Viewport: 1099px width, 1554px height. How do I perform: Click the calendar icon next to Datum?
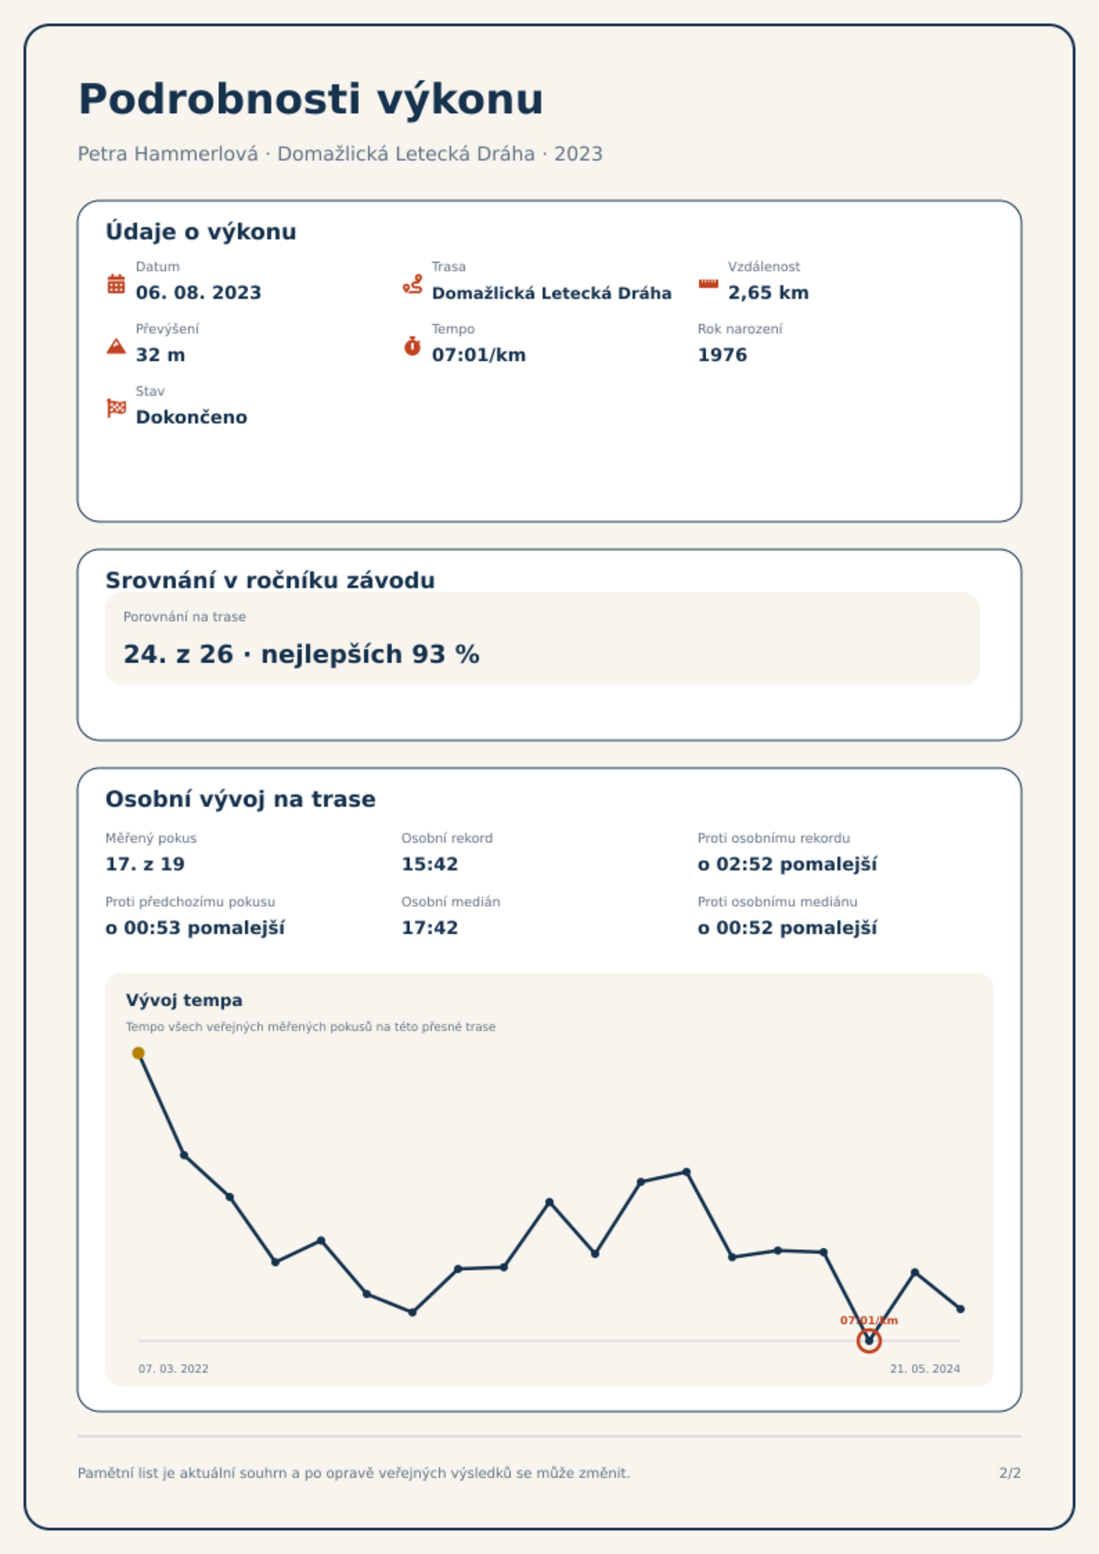pyautogui.click(x=116, y=284)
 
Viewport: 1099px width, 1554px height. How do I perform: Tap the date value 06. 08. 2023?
pyautogui.click(x=199, y=293)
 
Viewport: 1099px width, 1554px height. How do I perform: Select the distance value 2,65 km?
pyautogui.click(x=768, y=293)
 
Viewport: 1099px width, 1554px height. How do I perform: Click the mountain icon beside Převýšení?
pyautogui.click(x=116, y=346)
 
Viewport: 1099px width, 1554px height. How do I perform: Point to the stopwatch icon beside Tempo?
pyautogui.click(x=412, y=346)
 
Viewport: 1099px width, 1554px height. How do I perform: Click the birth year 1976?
pyautogui.click(x=723, y=355)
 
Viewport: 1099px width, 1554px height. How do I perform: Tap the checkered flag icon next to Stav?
pyautogui.click(x=116, y=408)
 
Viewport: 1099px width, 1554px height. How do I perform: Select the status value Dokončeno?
pyautogui.click(x=192, y=417)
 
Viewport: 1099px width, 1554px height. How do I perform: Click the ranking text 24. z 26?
pyautogui.click(x=179, y=654)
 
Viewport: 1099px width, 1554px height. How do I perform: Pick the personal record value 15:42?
pyautogui.click(x=430, y=864)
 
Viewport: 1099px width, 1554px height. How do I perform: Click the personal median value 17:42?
pyautogui.click(x=430, y=928)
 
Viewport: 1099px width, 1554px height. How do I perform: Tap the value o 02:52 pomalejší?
pyautogui.click(x=788, y=864)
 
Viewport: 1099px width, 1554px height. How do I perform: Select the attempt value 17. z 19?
pyautogui.click(x=145, y=864)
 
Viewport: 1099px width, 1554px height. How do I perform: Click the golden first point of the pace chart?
pyautogui.click(x=138, y=1053)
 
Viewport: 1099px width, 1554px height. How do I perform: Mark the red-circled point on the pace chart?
pyautogui.click(x=869, y=1341)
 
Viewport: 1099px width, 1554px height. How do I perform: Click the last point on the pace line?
pyautogui.click(x=960, y=1309)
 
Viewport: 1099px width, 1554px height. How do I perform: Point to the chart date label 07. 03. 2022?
pyautogui.click(x=173, y=1369)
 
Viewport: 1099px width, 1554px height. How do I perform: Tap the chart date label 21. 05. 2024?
pyautogui.click(x=925, y=1369)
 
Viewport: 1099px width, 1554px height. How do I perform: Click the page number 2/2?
pyautogui.click(x=1010, y=1473)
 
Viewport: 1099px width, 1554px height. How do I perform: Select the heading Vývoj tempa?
pyautogui.click(x=184, y=1000)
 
